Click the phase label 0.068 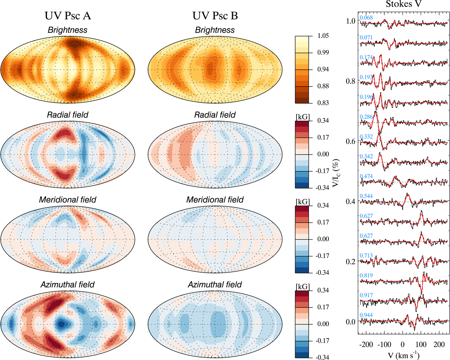[x=366, y=18]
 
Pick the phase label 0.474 [x=366, y=176]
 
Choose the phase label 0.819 [x=366, y=275]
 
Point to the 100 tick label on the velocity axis [x=421, y=342]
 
